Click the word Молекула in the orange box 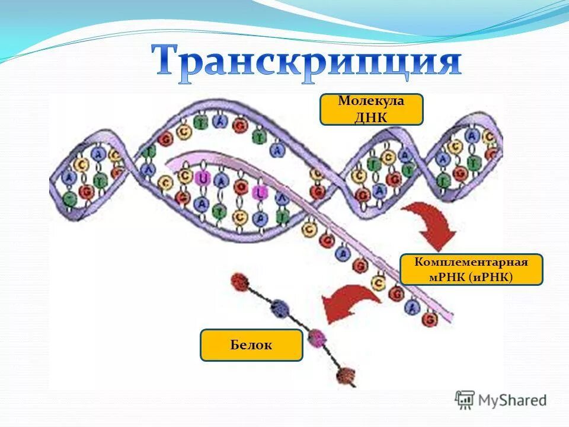(371, 101)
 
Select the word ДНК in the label (372, 116)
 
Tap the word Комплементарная (471, 262)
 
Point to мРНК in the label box (450, 277)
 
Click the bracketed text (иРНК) (494, 277)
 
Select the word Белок (251, 345)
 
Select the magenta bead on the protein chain (318, 337)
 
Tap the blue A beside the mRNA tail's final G (413, 307)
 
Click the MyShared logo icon (465, 400)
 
